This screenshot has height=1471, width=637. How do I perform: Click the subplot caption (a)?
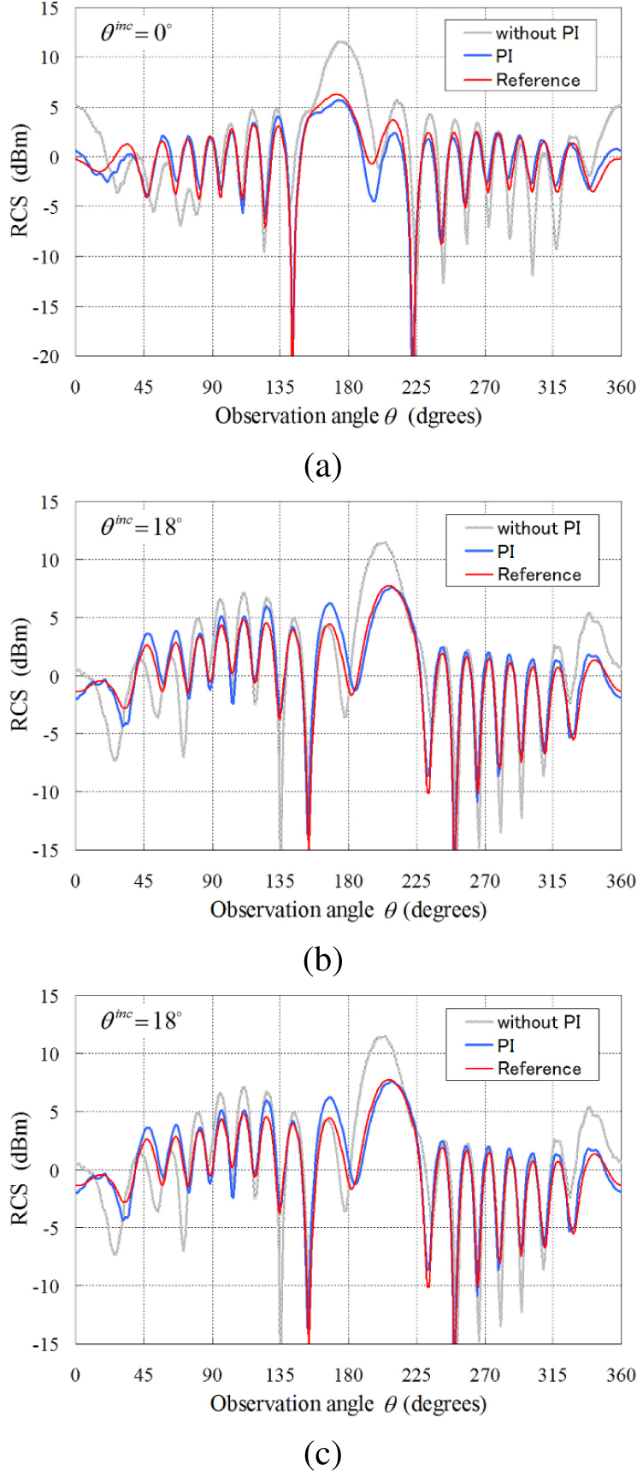[x=322, y=466]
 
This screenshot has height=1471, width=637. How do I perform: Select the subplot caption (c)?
[x=322, y=1454]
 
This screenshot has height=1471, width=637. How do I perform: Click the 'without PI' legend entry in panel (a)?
[x=536, y=33]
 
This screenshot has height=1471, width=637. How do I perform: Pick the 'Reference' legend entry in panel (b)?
[x=539, y=574]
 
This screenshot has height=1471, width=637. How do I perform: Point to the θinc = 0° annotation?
[x=137, y=33]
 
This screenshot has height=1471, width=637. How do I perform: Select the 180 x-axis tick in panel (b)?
[x=348, y=881]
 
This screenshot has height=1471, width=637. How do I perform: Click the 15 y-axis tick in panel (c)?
[x=51, y=995]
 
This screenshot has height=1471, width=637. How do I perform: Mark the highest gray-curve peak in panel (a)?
[x=341, y=41]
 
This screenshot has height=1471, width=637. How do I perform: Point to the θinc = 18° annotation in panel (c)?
[x=141, y=1020]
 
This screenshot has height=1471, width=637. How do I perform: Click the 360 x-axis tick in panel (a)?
[x=621, y=387]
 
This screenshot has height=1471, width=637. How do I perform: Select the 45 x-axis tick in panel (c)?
[x=144, y=1374]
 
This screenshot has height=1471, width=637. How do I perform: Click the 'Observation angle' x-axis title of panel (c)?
[x=292, y=1404]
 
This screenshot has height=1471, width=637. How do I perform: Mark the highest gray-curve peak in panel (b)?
[x=382, y=542]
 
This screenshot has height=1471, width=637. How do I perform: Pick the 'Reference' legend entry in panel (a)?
[x=538, y=80]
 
